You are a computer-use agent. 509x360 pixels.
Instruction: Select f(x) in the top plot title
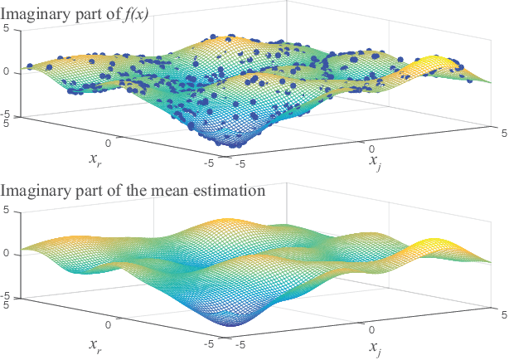pyautogui.click(x=133, y=11)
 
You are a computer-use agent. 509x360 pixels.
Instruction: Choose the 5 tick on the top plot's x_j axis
pyautogui.click(x=493, y=129)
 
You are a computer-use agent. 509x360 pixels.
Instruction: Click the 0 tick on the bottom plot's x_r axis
pyautogui.click(x=108, y=325)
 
